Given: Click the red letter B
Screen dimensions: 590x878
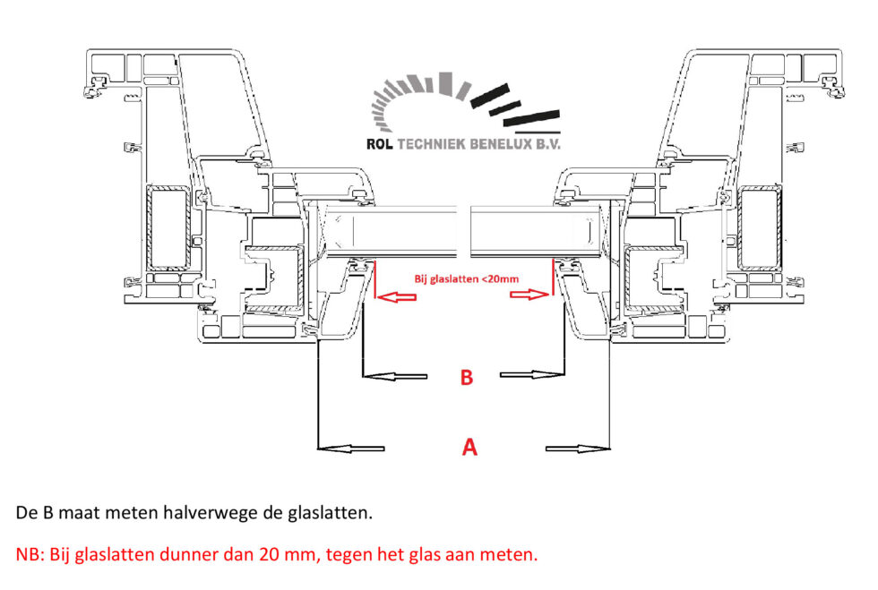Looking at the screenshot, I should coord(466,378).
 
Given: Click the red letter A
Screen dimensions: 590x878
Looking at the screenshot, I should coord(469,446).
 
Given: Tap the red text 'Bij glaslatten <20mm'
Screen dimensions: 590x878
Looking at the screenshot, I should coord(466,278).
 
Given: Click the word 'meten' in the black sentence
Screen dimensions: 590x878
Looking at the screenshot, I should coord(131,513).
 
